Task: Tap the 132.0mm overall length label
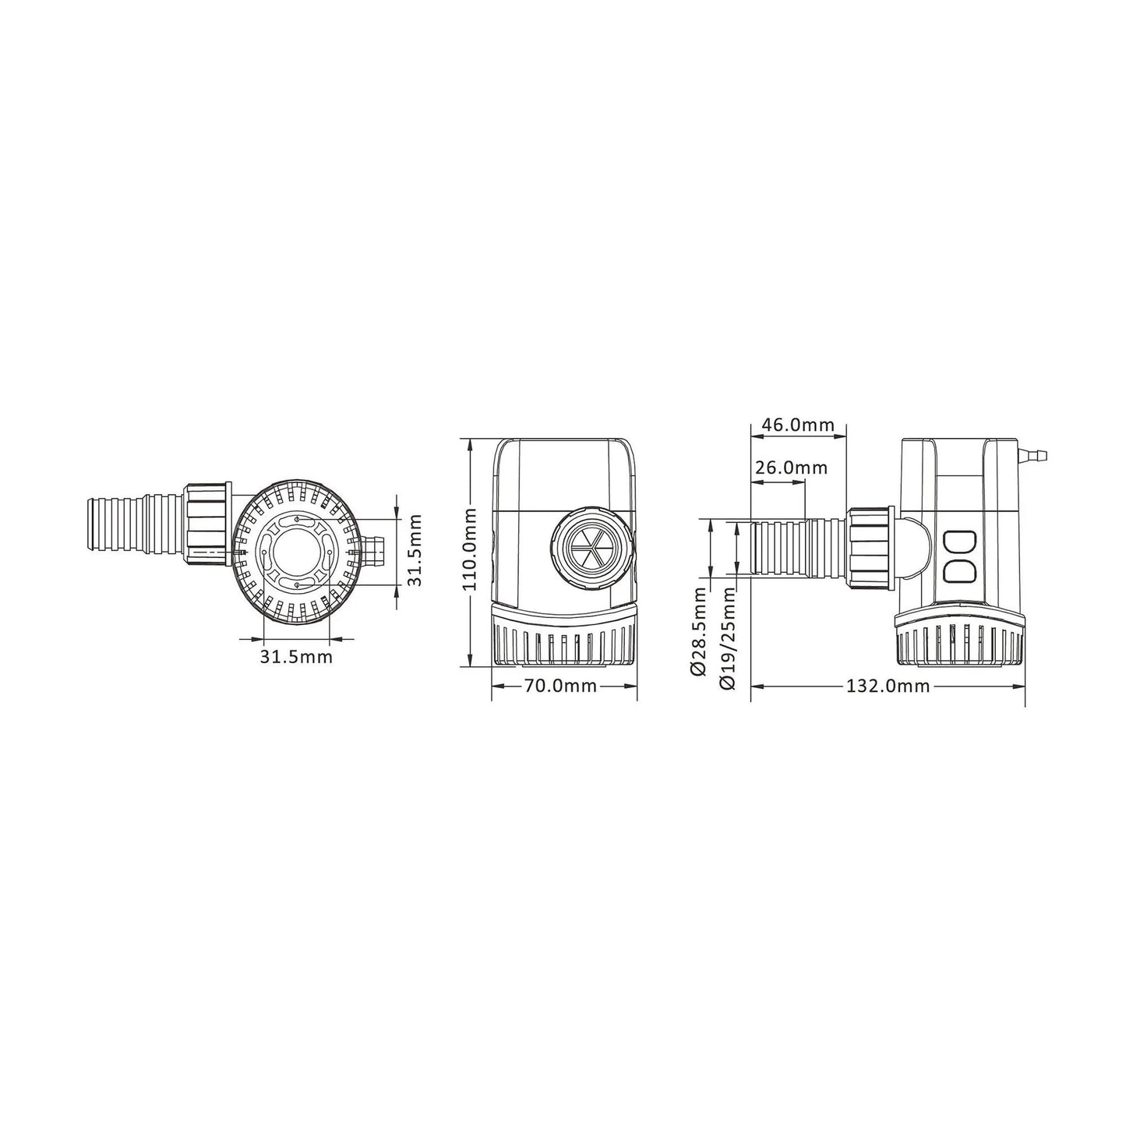pos(888,686)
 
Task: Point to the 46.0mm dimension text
pos(798,425)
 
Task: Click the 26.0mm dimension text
pos(791,468)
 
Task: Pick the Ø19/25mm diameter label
pos(729,638)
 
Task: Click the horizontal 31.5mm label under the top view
pos(296,656)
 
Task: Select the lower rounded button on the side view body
pos(959,572)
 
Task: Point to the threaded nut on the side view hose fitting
pos(870,548)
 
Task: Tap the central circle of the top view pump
pos(295,550)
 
